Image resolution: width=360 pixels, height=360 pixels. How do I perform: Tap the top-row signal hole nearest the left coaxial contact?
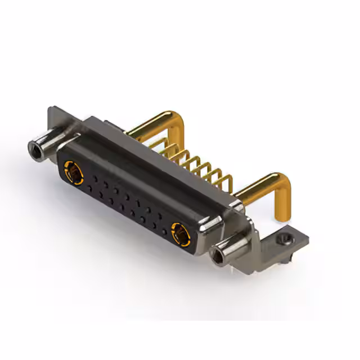pos(94,179)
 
